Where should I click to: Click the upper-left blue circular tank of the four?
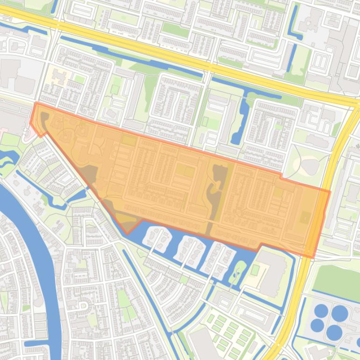(321, 310)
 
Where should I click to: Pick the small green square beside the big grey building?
(255, 270)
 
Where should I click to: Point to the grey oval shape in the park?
(309, 166)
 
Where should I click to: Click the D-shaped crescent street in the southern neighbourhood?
(84, 306)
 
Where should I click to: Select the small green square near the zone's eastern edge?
(304, 217)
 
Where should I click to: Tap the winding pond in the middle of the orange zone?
(216, 192)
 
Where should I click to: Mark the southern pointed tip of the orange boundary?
(127, 233)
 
